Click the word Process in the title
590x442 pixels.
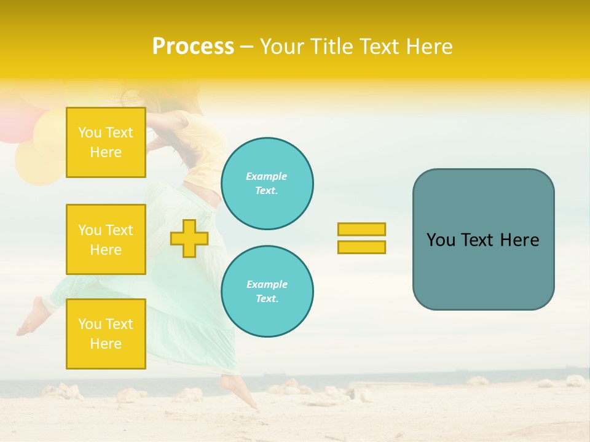(x=193, y=47)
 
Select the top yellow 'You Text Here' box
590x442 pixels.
(x=106, y=142)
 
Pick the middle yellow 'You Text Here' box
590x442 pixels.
(x=106, y=239)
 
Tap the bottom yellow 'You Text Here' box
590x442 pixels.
(x=106, y=333)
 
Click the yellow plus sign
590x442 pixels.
(x=189, y=238)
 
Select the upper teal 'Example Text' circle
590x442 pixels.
(x=267, y=184)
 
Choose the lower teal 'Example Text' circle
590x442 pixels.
(x=267, y=292)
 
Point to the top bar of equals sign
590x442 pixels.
(x=361, y=229)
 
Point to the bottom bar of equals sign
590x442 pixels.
(x=361, y=247)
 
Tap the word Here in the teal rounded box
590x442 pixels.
(x=519, y=240)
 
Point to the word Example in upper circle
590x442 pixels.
(x=267, y=176)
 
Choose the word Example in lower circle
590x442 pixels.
(x=267, y=284)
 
